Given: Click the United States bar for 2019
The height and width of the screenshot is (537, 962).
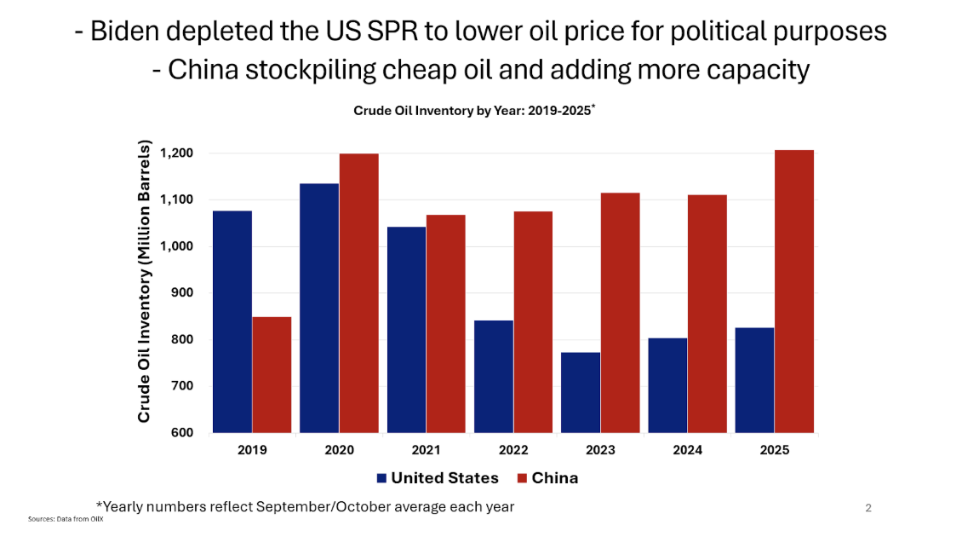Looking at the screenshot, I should click(x=232, y=321).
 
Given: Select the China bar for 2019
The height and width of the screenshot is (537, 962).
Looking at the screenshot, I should click(x=272, y=375).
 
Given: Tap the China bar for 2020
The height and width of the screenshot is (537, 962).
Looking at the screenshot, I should click(x=358, y=293).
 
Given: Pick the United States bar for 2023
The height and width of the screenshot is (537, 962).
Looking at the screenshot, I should click(x=581, y=392).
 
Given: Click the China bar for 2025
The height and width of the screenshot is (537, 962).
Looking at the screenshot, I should click(x=793, y=292).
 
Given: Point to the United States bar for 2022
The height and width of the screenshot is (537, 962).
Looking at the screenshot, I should click(x=494, y=377).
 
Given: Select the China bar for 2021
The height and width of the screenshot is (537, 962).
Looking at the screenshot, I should click(x=445, y=324).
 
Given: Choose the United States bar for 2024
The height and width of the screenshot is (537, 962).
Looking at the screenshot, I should click(x=667, y=385).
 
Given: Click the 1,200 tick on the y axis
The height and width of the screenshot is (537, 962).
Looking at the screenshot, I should click(x=176, y=153).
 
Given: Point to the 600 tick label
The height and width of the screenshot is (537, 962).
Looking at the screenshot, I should click(x=183, y=432).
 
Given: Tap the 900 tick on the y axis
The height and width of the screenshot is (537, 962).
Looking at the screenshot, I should click(x=183, y=292).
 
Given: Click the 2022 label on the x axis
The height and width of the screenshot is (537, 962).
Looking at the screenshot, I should click(x=513, y=450).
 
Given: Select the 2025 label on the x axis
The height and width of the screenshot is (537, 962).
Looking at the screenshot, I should click(x=773, y=450).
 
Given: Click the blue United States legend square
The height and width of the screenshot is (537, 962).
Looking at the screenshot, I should click(x=381, y=478).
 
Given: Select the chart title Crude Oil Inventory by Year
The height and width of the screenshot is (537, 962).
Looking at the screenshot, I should click(x=472, y=110).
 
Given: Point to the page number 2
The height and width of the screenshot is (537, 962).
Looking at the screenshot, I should click(x=868, y=509).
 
